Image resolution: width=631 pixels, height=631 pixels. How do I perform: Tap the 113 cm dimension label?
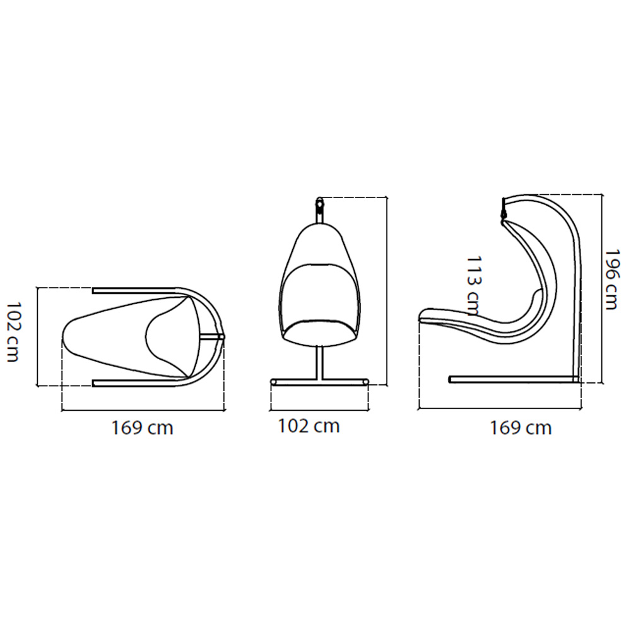473,286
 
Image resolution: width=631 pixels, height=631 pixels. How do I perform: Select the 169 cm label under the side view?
521,428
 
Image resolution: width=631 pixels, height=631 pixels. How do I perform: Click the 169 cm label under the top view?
142,428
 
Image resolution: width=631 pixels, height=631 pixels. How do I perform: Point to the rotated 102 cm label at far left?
13,333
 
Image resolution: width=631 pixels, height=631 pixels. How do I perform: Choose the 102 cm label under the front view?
309,426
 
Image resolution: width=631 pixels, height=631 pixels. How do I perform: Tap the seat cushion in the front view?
321,333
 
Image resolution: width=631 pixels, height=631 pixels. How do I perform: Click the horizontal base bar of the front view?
319,382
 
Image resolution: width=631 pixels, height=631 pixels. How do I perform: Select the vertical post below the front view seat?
319,362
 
